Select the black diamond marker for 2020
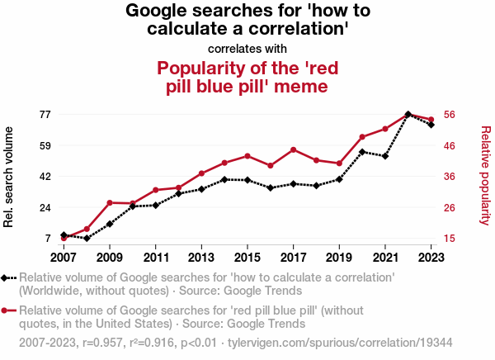362,152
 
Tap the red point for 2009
110,202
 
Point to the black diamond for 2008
87,239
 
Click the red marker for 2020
362,136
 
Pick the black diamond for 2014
224,179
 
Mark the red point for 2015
247,156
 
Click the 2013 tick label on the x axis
201,255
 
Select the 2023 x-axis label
431,255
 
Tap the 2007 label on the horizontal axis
64,255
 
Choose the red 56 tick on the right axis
451,114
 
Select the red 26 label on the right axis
451,207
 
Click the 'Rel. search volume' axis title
10,177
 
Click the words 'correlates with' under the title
247,49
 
